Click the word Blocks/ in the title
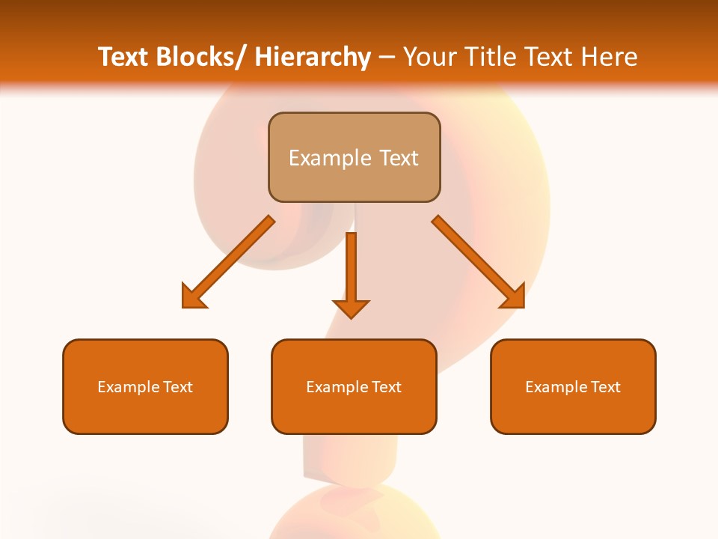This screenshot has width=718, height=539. [200, 57]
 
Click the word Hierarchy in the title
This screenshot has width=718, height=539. [313, 57]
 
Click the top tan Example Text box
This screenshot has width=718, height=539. [354, 157]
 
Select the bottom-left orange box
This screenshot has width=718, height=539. [145, 386]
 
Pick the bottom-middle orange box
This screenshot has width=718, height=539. [354, 386]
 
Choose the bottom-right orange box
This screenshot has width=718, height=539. [573, 386]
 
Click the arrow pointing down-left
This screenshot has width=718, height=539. [228, 262]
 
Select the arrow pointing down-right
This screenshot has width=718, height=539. [479, 262]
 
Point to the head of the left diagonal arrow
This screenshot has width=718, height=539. [193, 296]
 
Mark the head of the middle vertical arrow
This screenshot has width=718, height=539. [351, 308]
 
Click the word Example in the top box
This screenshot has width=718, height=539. [328, 158]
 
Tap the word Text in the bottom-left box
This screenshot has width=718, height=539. [178, 387]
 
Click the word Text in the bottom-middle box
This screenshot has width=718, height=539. [387, 387]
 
